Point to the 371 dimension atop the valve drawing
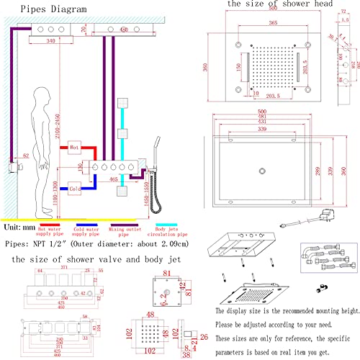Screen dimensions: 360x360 coord(63,267)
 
